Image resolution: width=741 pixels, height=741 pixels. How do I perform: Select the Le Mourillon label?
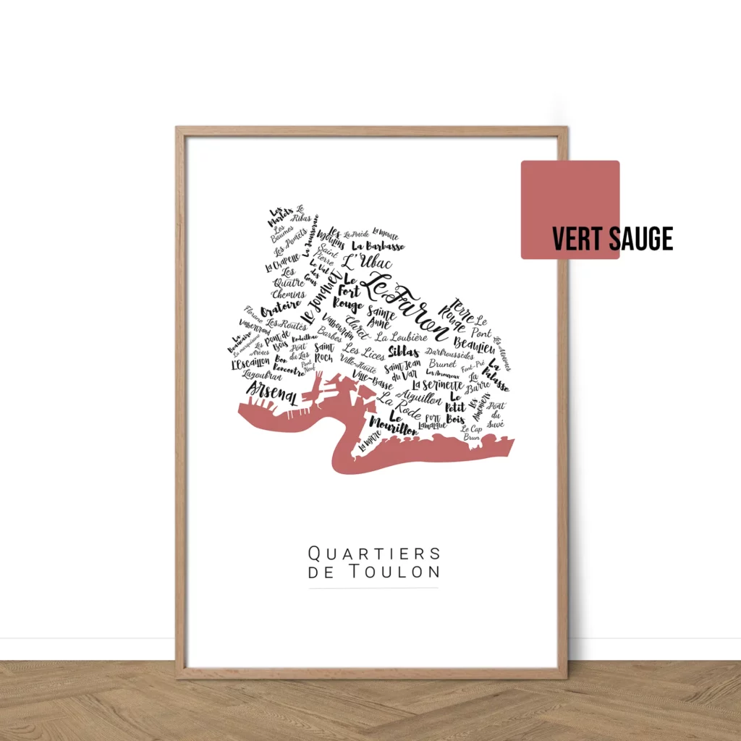point(394,424)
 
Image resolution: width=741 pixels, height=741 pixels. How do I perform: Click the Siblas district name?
point(403,351)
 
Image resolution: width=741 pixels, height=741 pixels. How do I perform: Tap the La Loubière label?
point(402,336)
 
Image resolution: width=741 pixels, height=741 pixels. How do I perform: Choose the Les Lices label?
point(364,352)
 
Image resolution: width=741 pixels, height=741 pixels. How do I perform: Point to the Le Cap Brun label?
point(471,433)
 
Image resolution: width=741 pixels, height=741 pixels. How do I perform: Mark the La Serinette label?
point(437,385)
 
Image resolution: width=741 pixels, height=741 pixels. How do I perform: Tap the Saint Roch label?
point(323,352)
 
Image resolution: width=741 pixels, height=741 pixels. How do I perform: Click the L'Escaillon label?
point(250,364)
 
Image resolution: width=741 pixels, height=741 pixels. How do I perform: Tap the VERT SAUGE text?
point(612,239)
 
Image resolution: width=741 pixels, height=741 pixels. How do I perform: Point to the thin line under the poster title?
point(373,588)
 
